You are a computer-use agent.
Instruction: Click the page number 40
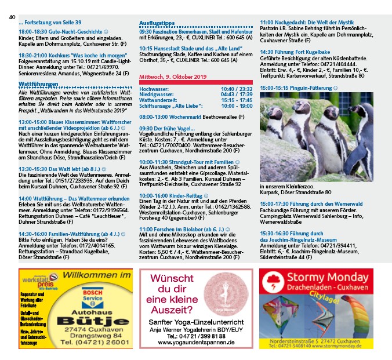[x=12, y=16]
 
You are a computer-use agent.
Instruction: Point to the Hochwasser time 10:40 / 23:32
[x=237, y=89]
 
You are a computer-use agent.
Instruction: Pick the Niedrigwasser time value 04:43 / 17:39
[x=237, y=94]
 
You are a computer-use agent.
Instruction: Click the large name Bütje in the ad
[x=92, y=323]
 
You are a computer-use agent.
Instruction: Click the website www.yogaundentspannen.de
[x=195, y=343]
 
